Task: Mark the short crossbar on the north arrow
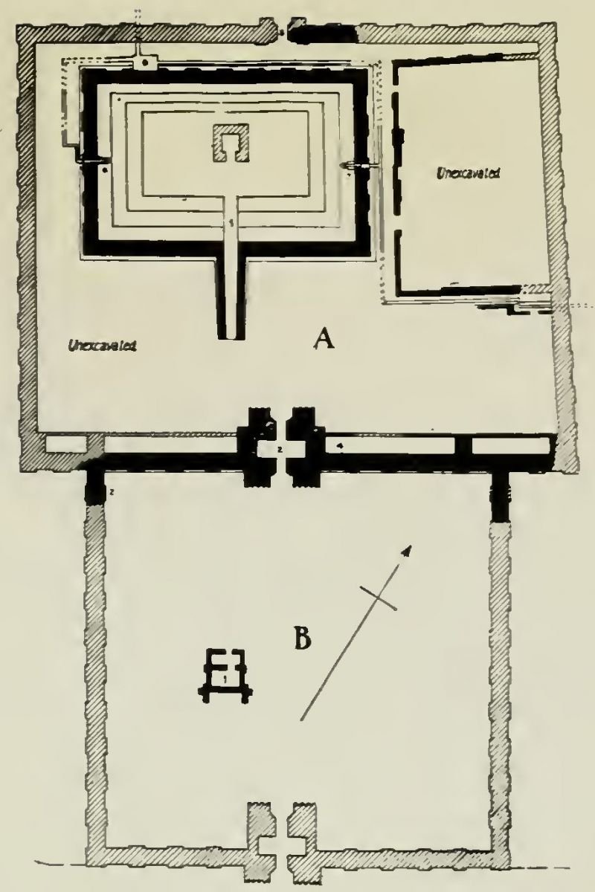(379, 598)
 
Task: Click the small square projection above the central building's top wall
(144, 62)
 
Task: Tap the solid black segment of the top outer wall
(320, 33)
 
